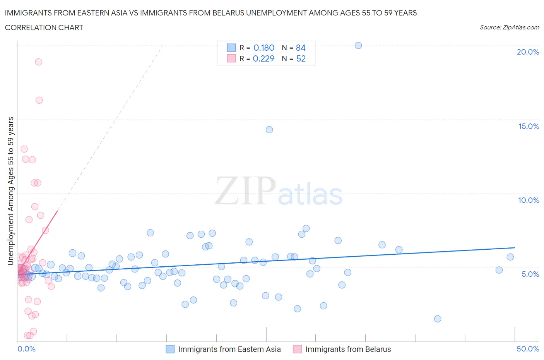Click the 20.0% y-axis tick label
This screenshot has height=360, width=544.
[x=528, y=52]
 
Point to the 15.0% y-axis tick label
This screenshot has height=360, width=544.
[x=529, y=126]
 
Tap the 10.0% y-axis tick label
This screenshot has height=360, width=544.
[x=529, y=200]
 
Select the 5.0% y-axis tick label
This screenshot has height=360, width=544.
[x=530, y=274]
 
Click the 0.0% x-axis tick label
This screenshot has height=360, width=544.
[x=26, y=349]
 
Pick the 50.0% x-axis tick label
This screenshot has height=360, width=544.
[x=528, y=349]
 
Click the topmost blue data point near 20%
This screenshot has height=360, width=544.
[x=358, y=45]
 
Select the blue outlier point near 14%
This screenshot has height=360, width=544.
[x=269, y=130]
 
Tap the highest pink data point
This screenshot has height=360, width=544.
[x=39, y=62]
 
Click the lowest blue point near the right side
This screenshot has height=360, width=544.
[x=438, y=319]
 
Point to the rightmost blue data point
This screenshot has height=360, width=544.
[x=510, y=257]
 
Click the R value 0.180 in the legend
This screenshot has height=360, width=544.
[x=264, y=48]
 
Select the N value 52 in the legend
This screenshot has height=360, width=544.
[x=301, y=58]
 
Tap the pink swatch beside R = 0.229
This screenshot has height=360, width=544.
[x=231, y=58]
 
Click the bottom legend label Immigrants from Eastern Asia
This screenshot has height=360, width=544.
[x=229, y=349]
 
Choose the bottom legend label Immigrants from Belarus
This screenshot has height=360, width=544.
[x=348, y=349]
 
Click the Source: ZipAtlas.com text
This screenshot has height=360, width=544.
[x=509, y=27]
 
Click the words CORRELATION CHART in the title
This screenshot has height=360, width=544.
[x=44, y=27]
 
